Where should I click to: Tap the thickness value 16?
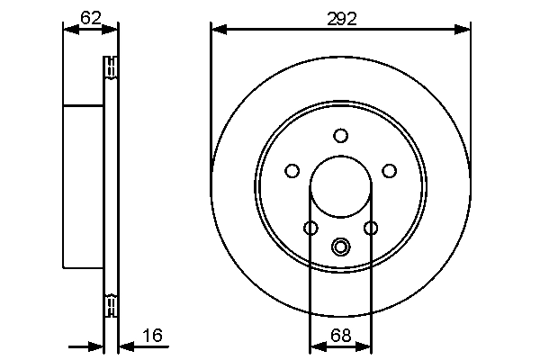(x=152, y=336)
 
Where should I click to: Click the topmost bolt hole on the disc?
(x=340, y=136)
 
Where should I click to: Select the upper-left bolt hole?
(x=292, y=170)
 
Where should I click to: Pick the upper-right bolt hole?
(x=389, y=170)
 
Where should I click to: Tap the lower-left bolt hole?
(x=310, y=228)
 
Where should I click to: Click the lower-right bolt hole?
(x=370, y=228)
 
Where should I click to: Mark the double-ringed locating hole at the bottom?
(x=340, y=246)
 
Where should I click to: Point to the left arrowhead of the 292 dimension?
(x=217, y=30)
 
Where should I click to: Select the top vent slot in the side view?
(x=112, y=67)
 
